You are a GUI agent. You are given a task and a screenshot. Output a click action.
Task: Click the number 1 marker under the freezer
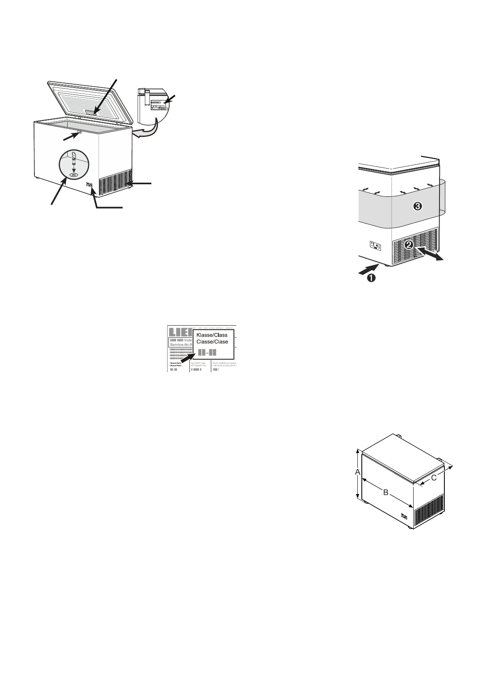tap(370, 278)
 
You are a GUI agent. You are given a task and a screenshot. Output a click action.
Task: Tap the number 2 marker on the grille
tap(409, 244)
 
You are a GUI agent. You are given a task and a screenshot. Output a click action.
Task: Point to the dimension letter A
tap(357, 472)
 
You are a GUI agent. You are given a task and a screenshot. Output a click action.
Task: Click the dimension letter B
tap(386, 492)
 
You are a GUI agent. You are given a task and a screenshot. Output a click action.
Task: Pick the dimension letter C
tap(433, 478)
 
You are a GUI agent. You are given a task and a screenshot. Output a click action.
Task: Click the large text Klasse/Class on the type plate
tap(212, 335)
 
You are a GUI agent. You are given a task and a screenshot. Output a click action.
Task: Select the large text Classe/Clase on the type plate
tap(212, 342)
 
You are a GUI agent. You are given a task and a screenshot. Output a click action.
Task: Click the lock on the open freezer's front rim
tap(80, 132)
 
